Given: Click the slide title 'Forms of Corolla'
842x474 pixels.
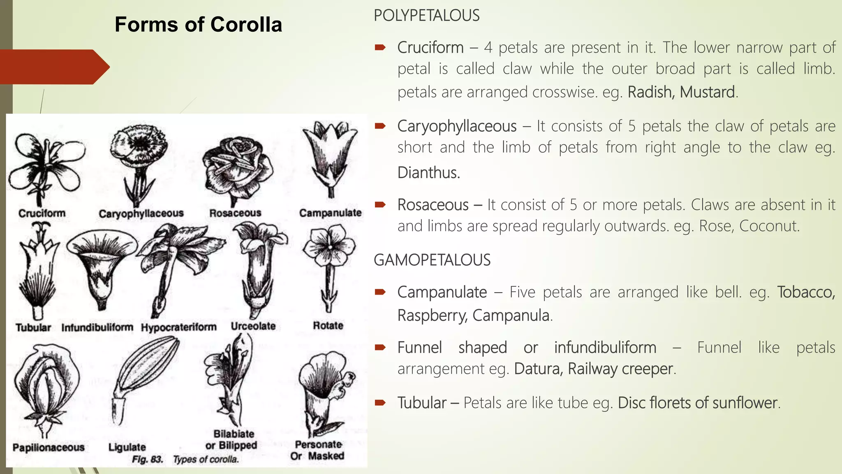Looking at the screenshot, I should point(198,25).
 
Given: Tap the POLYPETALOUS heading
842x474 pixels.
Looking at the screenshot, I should point(426,16).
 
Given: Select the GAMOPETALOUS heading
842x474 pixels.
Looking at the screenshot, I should point(432,260).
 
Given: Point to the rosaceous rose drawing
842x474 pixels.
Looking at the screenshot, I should point(237,169).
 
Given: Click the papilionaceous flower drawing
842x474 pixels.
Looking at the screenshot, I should point(46,387).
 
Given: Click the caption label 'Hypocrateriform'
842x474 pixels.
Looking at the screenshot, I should point(178,327).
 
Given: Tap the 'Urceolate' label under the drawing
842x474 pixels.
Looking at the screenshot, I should point(253,326).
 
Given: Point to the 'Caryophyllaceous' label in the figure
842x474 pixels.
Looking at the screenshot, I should point(141,214).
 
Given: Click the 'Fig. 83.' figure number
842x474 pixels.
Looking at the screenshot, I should point(147,459).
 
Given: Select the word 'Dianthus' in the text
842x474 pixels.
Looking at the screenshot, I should point(428,173).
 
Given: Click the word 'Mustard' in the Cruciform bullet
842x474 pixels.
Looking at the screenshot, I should point(707,92).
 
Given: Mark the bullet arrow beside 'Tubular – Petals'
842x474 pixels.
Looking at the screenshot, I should point(380,402).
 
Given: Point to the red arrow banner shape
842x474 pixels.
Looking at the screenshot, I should point(53,67).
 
